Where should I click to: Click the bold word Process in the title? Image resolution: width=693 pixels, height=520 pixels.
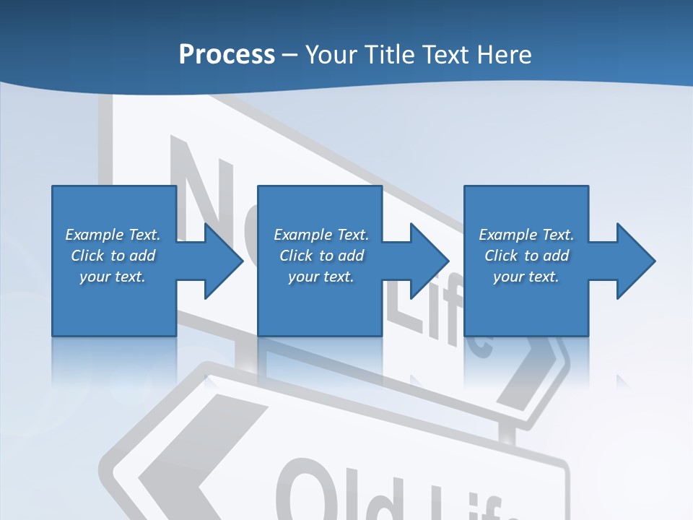coord(227,54)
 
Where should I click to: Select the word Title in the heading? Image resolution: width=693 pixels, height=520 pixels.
coord(388,54)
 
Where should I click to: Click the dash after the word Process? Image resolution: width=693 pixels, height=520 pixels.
coord(290,55)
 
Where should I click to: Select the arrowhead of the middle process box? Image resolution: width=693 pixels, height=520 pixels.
coord(428,261)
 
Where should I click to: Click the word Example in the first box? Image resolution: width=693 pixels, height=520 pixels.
coord(94,235)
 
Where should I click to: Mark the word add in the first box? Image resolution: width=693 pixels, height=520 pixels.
coord(142,256)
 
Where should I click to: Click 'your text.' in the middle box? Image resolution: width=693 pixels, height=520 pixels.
coord(321,277)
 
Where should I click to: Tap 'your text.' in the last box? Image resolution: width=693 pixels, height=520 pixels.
coord(526,277)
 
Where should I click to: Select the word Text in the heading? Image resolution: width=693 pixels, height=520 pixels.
coord(445,54)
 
